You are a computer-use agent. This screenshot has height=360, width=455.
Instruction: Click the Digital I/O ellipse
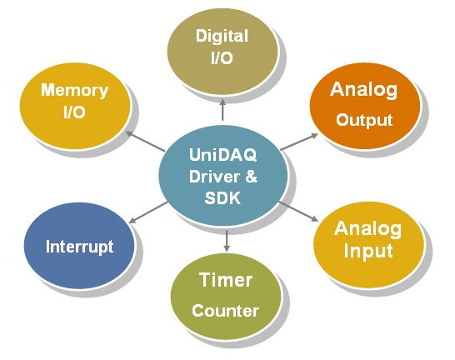pyautogui.click(x=222, y=51)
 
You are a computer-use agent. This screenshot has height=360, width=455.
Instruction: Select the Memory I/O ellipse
pyautogui.click(x=75, y=106)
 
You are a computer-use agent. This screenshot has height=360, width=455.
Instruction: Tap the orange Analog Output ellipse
pyautogui.click(x=365, y=106)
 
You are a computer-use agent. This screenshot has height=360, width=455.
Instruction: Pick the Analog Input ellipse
pyautogui.click(x=368, y=244)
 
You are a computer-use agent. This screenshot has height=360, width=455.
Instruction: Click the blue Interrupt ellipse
pyautogui.click(x=79, y=245)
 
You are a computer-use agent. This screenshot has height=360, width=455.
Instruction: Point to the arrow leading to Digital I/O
pyautogui.click(x=222, y=109)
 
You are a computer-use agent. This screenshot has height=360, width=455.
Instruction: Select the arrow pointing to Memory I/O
pyautogui.click(x=145, y=142)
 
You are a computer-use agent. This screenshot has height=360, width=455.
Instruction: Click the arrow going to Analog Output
pyautogui.click(x=299, y=142)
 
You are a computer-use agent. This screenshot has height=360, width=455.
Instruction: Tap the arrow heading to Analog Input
pyautogui.click(x=298, y=212)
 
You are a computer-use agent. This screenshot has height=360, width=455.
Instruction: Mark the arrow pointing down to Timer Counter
pyautogui.click(x=227, y=241)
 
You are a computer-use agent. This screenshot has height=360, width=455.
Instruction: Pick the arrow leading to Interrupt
pyautogui.click(x=148, y=212)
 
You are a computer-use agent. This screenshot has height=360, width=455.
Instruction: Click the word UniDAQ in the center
pyautogui.click(x=222, y=155)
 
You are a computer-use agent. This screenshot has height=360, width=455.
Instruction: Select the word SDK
pyautogui.click(x=222, y=198)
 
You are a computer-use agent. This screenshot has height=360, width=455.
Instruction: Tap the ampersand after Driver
pyautogui.click(x=251, y=177)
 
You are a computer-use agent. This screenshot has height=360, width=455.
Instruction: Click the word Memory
pyautogui.click(x=74, y=90)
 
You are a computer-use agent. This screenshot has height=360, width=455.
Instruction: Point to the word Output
pyautogui.click(x=364, y=120)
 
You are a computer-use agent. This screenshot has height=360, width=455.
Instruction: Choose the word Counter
pyautogui.click(x=225, y=311)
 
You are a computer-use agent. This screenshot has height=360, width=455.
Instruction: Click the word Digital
pyautogui.click(x=222, y=36)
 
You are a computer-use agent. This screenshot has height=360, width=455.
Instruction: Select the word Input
pyautogui.click(x=368, y=251)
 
